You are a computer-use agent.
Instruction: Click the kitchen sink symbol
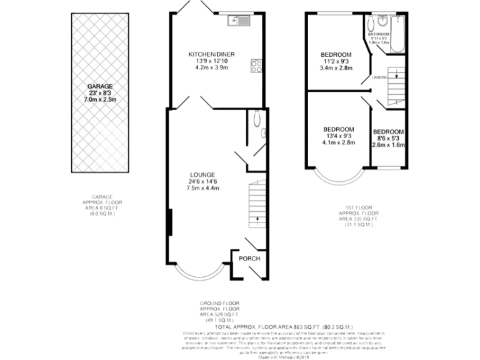[x=238, y=22]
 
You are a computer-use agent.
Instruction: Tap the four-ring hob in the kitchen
[x=256, y=64]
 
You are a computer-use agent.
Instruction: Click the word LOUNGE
[x=203, y=174]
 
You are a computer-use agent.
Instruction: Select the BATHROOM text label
[x=379, y=34]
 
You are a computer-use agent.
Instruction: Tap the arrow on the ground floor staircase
[x=257, y=219]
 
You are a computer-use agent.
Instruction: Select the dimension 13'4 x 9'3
[x=338, y=136]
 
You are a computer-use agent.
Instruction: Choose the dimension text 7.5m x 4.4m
[x=203, y=188]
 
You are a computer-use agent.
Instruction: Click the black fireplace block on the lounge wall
[x=169, y=222]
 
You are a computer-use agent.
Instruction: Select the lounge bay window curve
[x=198, y=275]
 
